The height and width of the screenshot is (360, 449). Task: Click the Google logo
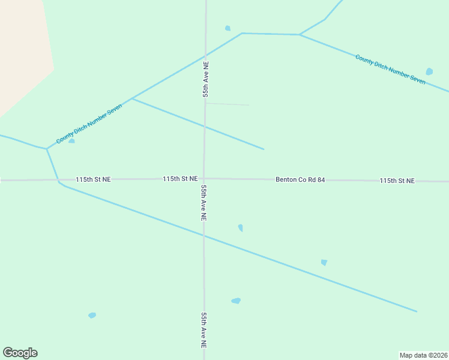20,353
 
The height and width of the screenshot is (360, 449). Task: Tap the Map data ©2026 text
424,355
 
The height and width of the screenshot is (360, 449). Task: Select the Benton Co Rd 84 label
300,179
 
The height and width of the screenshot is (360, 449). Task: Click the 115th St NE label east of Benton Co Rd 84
397,181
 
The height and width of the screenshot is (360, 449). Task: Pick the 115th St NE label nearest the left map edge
93,179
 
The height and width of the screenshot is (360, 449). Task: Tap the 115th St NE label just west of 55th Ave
180,179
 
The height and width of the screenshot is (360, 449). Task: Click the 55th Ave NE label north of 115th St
205,79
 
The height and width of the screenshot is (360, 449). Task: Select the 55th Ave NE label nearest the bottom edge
204,331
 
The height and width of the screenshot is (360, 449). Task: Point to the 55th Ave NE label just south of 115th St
204,203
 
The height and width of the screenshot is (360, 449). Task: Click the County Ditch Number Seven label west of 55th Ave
89,124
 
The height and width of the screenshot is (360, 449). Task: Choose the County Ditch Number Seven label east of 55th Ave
390,69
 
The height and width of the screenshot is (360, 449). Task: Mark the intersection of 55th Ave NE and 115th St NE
204,178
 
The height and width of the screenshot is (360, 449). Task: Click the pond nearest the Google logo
92,315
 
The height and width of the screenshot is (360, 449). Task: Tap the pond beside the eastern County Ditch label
429,71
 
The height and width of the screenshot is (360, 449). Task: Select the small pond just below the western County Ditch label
71,141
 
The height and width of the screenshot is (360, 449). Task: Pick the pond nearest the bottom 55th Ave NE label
236,301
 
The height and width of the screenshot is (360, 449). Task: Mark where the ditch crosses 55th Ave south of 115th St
204,236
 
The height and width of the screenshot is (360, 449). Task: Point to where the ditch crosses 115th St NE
58,179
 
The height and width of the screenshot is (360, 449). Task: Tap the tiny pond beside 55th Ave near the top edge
228,28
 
